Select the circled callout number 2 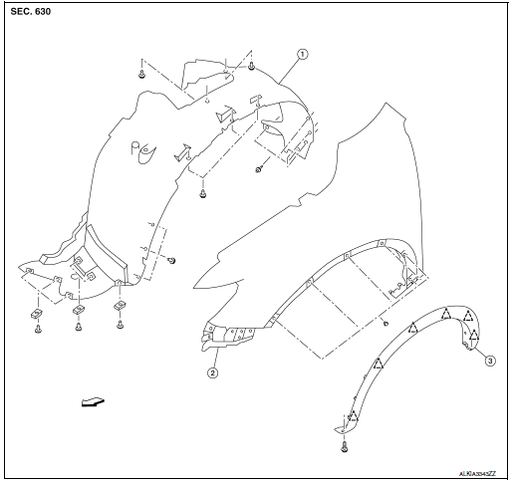(x=212, y=373)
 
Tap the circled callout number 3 (x=489, y=361)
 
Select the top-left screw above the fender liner (x=144, y=73)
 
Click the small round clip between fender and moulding (x=384, y=324)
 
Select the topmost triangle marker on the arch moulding (x=446, y=313)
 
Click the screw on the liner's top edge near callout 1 (x=252, y=66)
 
